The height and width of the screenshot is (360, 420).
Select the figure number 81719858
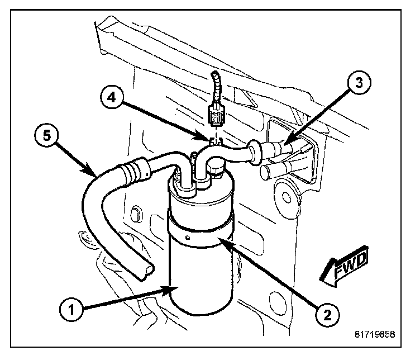click(374, 335)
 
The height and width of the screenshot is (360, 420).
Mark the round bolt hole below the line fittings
click(287, 196)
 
